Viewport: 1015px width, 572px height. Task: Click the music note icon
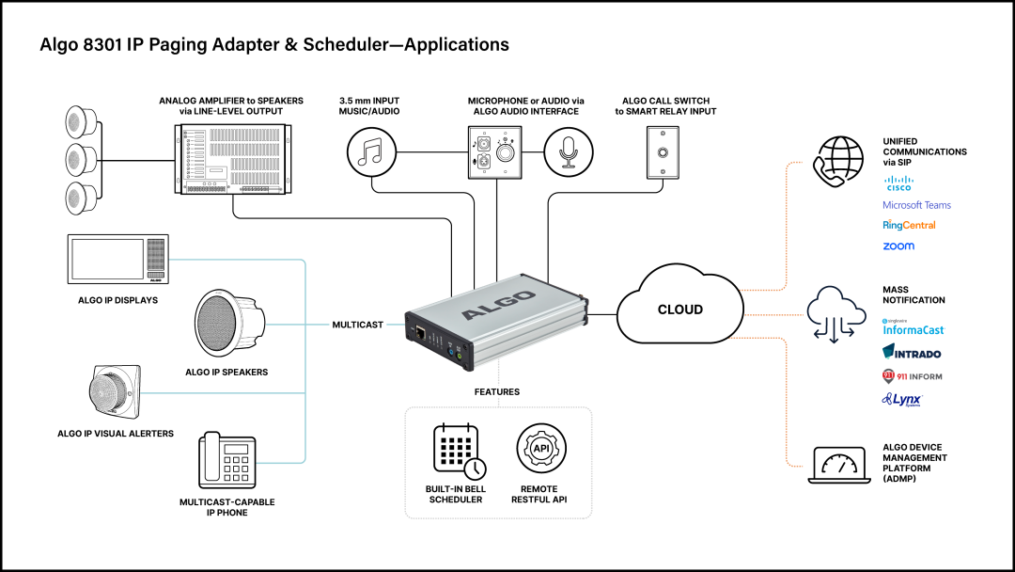click(x=372, y=152)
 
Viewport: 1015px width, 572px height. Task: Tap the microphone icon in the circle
click(x=570, y=152)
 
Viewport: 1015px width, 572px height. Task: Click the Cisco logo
click(x=898, y=183)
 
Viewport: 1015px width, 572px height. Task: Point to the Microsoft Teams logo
click(x=916, y=205)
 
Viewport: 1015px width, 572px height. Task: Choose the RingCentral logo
click(x=909, y=226)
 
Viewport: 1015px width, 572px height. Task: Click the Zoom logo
click(x=898, y=246)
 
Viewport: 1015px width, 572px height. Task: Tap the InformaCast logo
click(x=913, y=328)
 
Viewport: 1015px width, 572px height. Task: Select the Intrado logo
click(x=912, y=353)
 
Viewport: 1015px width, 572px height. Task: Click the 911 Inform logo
click(x=912, y=376)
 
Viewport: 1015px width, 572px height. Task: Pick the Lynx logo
click(x=901, y=400)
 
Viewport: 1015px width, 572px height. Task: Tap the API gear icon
click(x=540, y=449)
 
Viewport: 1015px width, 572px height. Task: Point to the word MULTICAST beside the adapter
click(x=357, y=325)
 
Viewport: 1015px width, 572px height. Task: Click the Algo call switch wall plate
click(x=664, y=151)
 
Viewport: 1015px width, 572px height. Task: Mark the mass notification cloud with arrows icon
click(x=836, y=310)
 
